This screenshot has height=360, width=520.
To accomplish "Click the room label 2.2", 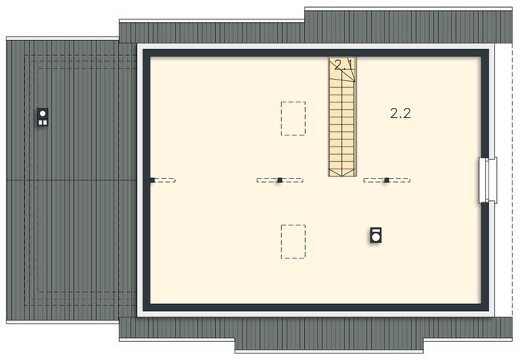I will coord(400,113).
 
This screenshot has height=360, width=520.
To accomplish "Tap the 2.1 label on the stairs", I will coord(341,65).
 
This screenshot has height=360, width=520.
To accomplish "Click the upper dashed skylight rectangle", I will coord(294,118).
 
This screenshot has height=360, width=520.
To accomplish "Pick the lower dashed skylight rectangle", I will coord(293,241).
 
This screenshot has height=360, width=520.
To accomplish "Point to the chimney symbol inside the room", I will coord(377,235).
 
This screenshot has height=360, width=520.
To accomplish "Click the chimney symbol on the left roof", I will coord(43,117).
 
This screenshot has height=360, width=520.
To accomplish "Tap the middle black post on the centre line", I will coord(280,180).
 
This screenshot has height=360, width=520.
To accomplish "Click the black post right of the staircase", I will coord(387,180).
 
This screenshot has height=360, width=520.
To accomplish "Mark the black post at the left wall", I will coord(152,180).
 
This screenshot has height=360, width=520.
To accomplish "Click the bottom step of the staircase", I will coord(342,172).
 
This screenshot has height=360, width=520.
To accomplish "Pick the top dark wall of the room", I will coord(315,53).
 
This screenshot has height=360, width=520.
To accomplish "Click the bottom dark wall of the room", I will coord(315,309).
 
